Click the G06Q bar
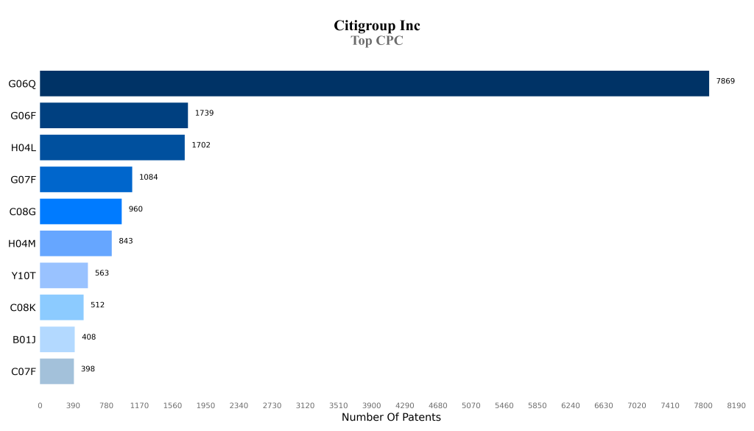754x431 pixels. point(374,83)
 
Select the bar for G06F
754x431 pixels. point(113,116)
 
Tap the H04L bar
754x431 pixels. point(112,147)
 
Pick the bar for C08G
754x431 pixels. point(80,211)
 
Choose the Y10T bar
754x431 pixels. point(63,276)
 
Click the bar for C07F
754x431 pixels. point(57,371)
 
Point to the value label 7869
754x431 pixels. point(725,81)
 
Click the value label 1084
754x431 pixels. point(148,177)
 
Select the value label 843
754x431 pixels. point(126,241)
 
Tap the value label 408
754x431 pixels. point(88,337)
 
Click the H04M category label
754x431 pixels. point(22,244)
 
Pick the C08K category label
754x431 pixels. point(23,308)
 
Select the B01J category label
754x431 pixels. point(24,340)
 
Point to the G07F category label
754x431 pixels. point(23,180)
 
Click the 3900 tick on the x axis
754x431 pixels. point(371,405)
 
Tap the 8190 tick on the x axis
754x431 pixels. point(736,405)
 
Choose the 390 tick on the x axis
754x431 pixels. point(73,405)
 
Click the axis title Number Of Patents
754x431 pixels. point(391,418)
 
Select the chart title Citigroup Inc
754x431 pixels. point(377,26)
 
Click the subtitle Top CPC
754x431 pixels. point(377,41)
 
